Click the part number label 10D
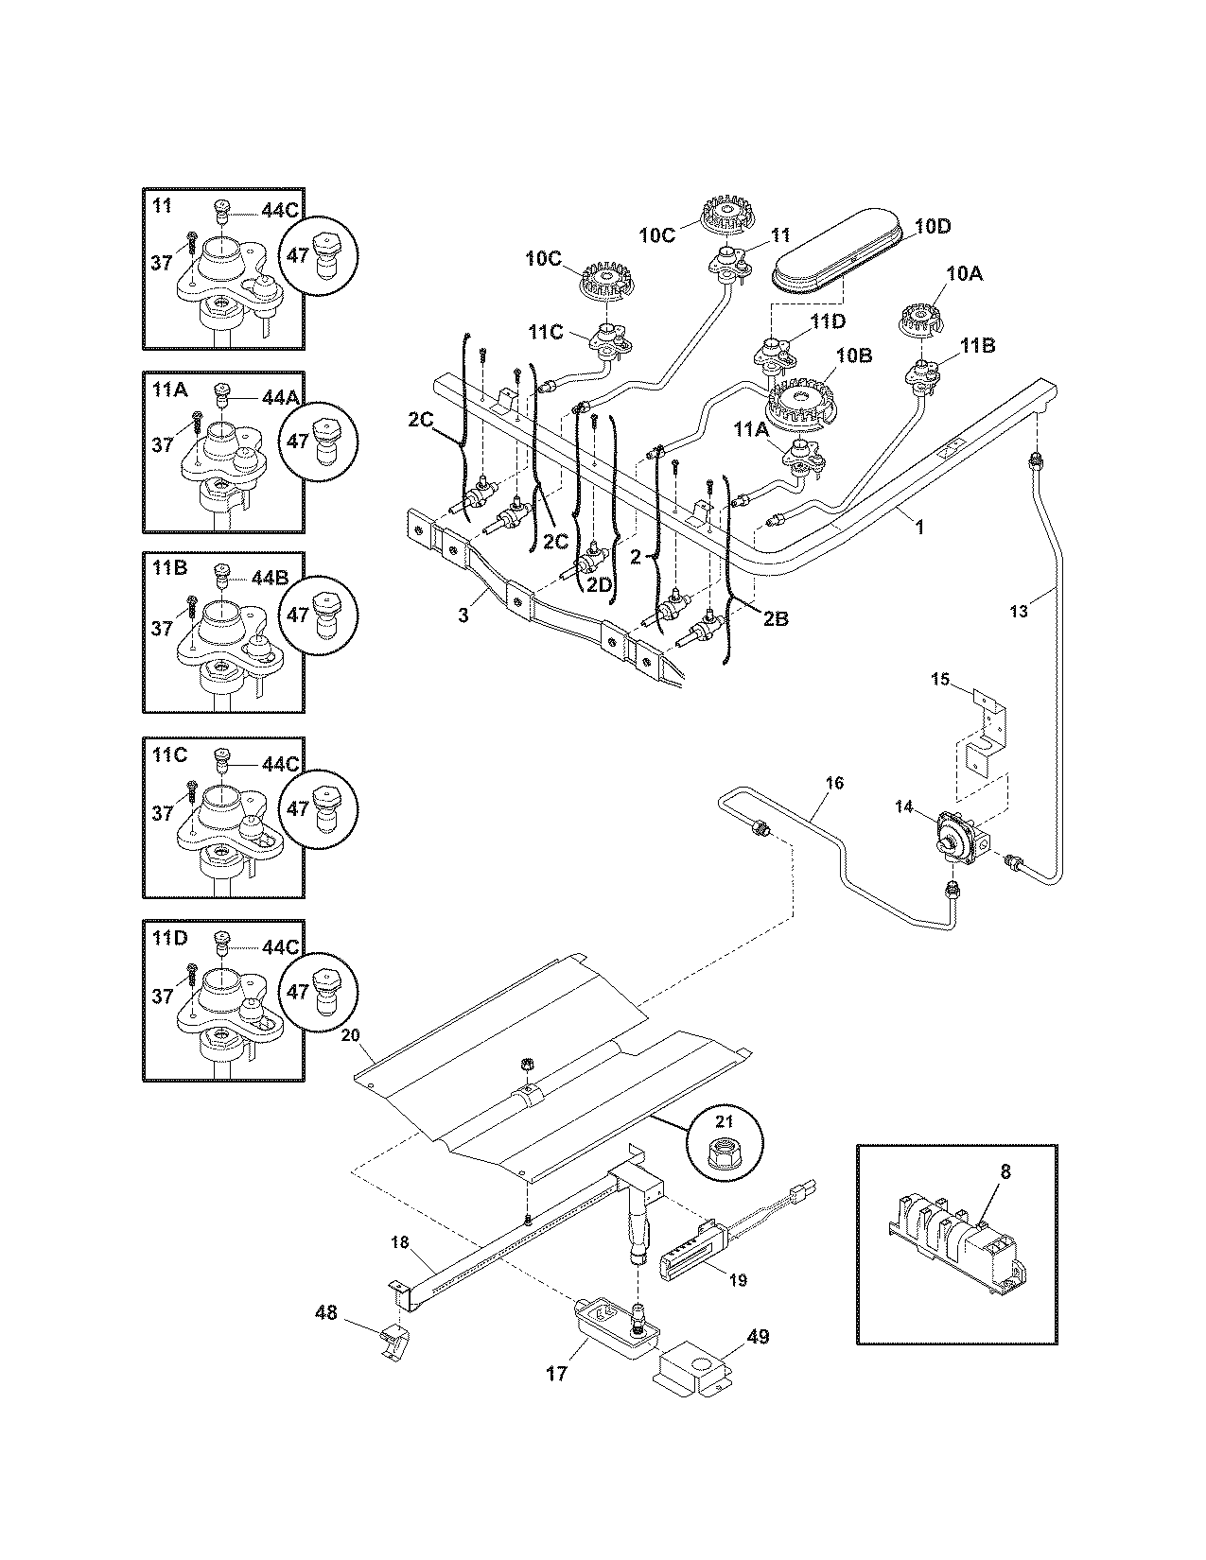pos(932,227)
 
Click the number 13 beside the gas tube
pos(1018,612)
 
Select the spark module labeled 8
pos(955,1239)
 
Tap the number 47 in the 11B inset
pos(298,615)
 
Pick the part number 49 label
pos(757,1337)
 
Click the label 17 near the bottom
pos(556,1373)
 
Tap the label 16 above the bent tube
pos(834,783)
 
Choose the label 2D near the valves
pos(599,584)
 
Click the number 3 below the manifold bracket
pos(463,615)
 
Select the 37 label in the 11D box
pos(163,996)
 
